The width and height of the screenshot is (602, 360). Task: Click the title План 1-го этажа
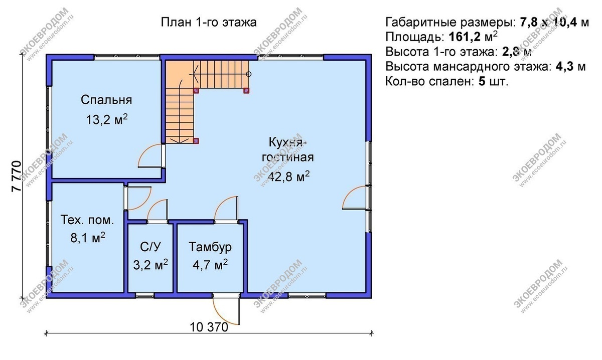[209, 23]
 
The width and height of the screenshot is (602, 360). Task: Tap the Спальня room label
[106, 100]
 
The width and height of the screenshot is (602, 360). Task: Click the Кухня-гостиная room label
[284, 149]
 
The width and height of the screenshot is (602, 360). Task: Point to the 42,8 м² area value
[288, 176]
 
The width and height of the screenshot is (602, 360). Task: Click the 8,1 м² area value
[88, 238]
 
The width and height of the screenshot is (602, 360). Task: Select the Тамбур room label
[210, 247]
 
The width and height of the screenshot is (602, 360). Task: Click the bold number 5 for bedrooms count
[482, 82]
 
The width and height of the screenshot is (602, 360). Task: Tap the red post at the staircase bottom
[196, 141]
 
